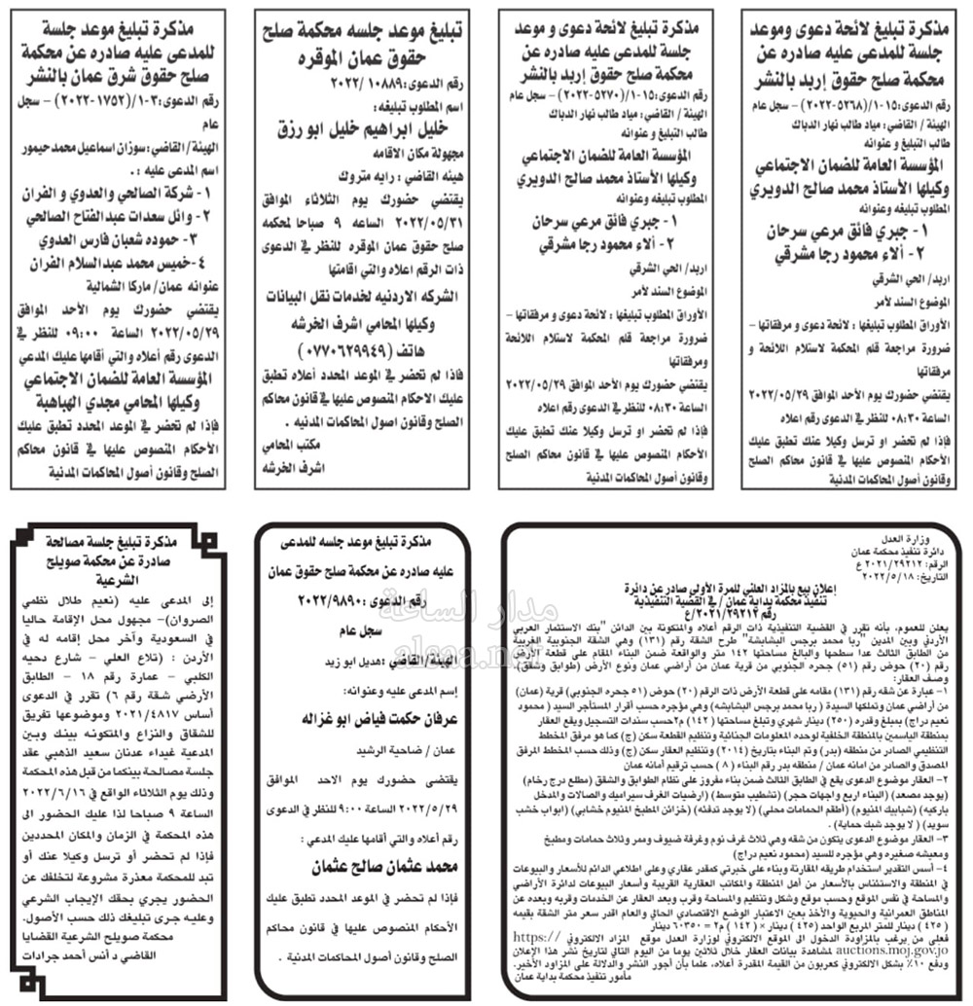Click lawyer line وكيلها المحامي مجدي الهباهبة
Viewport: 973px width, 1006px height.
123,400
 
